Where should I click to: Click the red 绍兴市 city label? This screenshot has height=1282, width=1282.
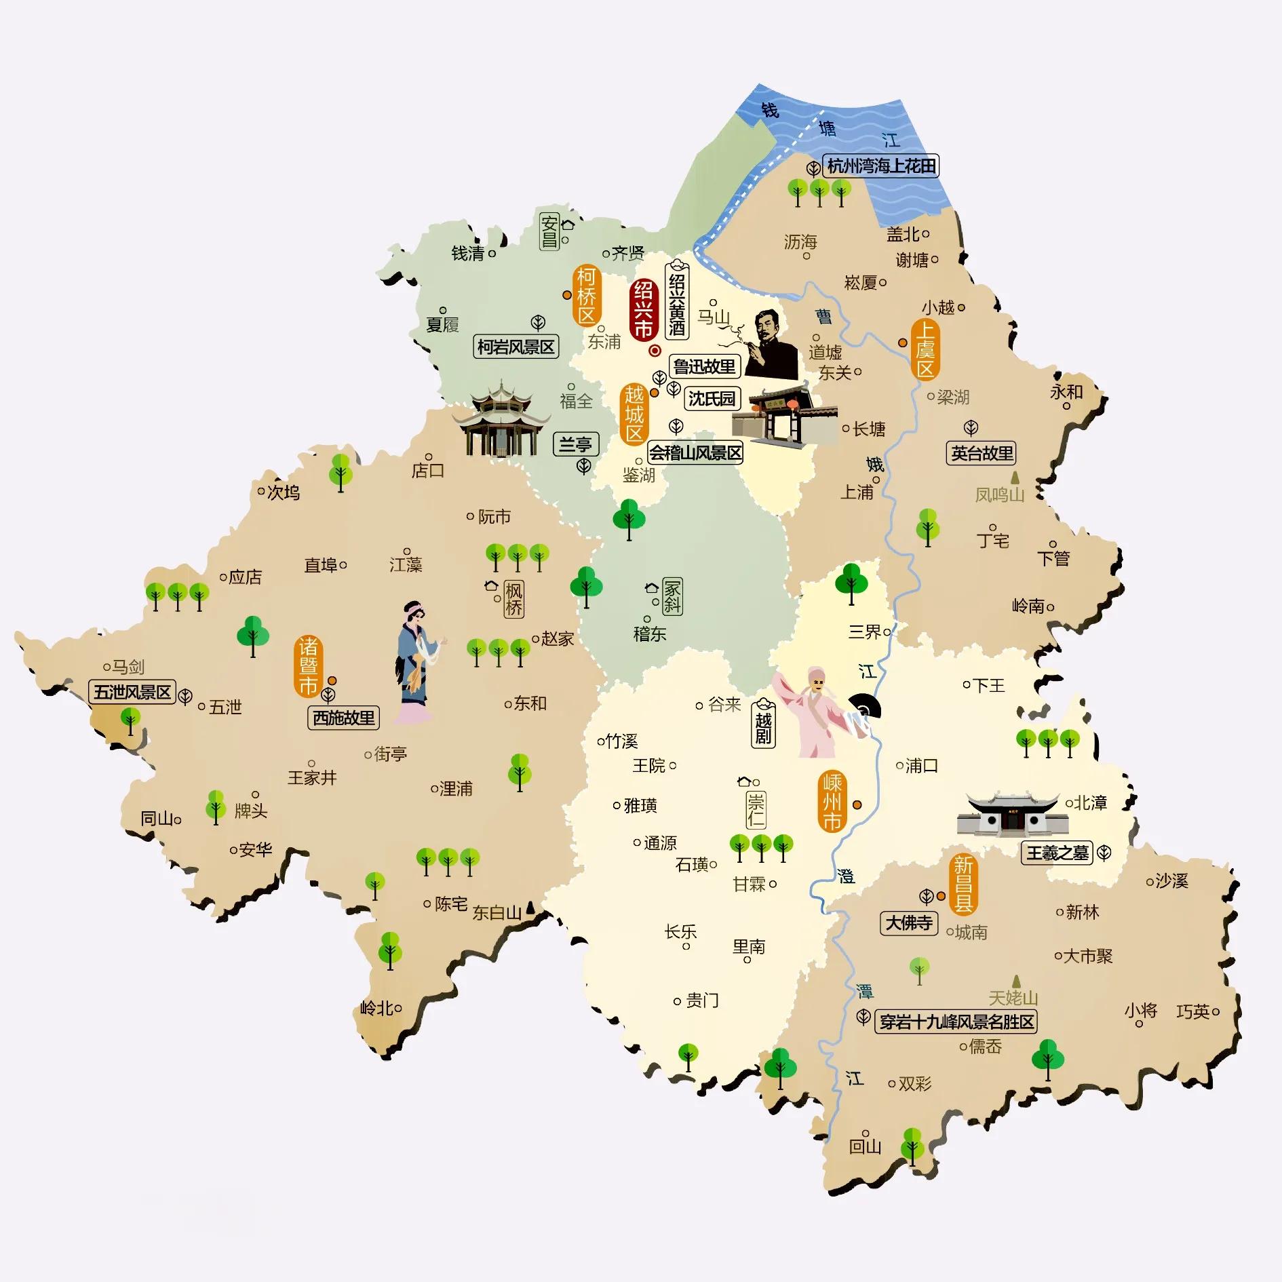pyautogui.click(x=643, y=310)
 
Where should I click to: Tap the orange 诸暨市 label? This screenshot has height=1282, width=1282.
pyautogui.click(x=309, y=666)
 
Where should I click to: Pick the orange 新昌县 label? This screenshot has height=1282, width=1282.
pyautogui.click(x=963, y=883)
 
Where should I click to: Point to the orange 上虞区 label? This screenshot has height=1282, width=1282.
pyautogui.click(x=926, y=349)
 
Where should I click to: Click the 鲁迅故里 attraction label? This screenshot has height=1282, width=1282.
pyautogui.click(x=704, y=367)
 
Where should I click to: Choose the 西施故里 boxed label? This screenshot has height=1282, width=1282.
pyautogui.click(x=343, y=718)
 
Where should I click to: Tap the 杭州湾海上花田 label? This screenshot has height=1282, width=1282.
pyautogui.click(x=881, y=166)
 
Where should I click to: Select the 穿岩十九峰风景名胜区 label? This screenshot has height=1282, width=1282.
pyautogui.click(x=957, y=1022)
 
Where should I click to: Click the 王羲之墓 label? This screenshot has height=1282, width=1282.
pyautogui.click(x=1057, y=853)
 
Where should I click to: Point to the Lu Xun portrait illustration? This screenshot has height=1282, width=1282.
pyautogui.click(x=770, y=344)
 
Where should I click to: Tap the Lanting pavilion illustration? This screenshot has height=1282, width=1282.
pyautogui.click(x=501, y=419)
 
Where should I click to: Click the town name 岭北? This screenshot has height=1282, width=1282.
pyautogui.click(x=376, y=1009)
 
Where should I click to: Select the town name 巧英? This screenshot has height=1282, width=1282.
pyautogui.click(x=1193, y=1012)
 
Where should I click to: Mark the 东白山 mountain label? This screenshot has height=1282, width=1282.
pyautogui.click(x=497, y=913)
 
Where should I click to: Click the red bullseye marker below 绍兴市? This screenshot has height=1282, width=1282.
pyautogui.click(x=655, y=351)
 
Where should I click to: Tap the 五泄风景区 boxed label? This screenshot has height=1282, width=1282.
pyautogui.click(x=132, y=693)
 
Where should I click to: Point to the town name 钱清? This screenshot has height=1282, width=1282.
pyautogui.click(x=468, y=254)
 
